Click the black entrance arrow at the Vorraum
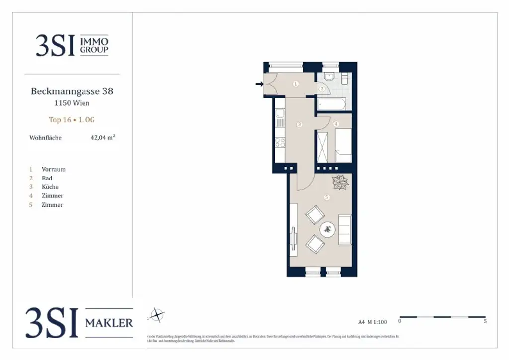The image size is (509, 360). (259, 84)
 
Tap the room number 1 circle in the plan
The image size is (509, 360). (296, 84)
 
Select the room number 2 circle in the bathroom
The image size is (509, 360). (322, 89)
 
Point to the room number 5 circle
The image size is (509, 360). (326, 197)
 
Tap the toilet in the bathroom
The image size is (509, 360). (344, 79)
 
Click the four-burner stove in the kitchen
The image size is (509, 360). (280, 142)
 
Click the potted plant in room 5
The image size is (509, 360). (341, 182)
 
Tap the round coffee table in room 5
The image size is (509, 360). (327, 229)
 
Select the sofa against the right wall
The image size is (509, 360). (345, 229)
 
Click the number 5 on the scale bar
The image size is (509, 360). (485, 321)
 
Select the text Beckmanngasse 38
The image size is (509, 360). (72, 91)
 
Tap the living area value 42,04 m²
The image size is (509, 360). (103, 138)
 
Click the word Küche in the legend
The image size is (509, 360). (50, 187)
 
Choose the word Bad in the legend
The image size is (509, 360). (47, 178)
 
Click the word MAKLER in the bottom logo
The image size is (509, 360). (109, 323)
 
